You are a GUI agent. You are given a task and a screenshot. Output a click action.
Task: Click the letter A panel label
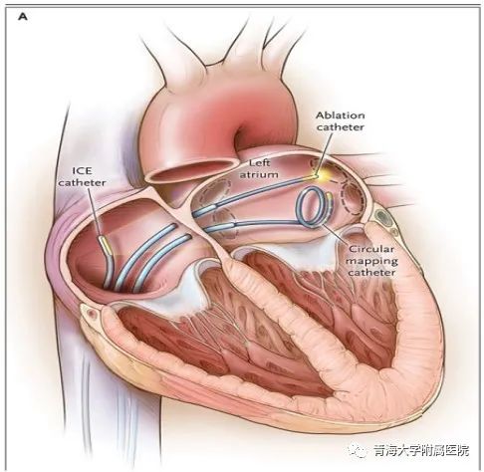[x=23, y=16]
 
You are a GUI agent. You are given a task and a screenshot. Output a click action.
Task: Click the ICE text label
[x=82, y=171]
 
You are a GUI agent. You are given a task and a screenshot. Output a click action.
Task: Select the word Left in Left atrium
[x=259, y=163]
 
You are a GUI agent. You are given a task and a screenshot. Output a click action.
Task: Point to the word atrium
[x=259, y=174]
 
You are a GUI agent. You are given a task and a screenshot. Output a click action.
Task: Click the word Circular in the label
[x=371, y=249]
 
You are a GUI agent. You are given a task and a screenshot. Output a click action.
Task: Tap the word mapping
[x=371, y=261]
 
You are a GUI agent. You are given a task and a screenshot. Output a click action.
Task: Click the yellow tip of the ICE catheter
[x=105, y=244]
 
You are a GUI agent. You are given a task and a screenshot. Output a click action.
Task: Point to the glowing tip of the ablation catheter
[x=316, y=176]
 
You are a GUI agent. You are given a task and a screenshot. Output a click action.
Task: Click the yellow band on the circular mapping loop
[x=330, y=203]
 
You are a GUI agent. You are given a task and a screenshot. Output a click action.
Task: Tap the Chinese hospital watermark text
[x=420, y=450]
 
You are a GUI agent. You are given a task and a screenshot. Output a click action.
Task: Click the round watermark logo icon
[x=358, y=450]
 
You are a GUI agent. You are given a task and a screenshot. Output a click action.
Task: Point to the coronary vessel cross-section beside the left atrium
[x=383, y=217]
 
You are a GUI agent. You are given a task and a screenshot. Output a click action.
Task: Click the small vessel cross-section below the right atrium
[x=90, y=313]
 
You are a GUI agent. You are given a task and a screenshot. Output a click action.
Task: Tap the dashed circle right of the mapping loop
[x=353, y=198]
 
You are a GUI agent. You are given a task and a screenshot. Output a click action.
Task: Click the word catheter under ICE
[x=83, y=183]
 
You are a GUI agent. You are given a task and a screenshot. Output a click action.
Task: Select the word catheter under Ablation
[x=341, y=127]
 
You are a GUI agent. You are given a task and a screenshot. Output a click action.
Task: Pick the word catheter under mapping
[x=371, y=273]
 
